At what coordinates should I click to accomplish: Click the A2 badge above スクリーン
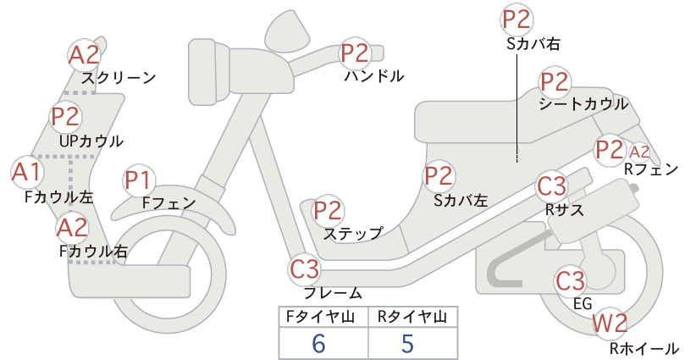pyautogui.click(x=85, y=55)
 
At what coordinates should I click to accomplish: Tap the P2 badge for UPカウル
pyautogui.click(x=66, y=116)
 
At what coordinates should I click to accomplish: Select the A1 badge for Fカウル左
pyautogui.click(x=26, y=172)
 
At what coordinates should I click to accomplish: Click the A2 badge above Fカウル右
pyautogui.click(x=73, y=228)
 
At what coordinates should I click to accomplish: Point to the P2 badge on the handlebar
pyautogui.click(x=356, y=53)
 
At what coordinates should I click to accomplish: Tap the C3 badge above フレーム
pyautogui.click(x=305, y=269)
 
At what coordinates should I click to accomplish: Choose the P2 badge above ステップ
pyautogui.click(x=328, y=211)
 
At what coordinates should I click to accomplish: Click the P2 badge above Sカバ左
pyautogui.click(x=439, y=176)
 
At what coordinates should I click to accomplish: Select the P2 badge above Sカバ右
pyautogui.click(x=517, y=19)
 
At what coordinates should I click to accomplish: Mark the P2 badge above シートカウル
pyautogui.click(x=555, y=81)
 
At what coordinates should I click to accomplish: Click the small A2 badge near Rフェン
pyautogui.click(x=639, y=152)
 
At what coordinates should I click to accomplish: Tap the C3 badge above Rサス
pyautogui.click(x=552, y=186)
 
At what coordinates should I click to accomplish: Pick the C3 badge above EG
pyautogui.click(x=571, y=280)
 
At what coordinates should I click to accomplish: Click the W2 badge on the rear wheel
pyautogui.click(x=610, y=324)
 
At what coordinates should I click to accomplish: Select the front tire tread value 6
pyautogui.click(x=318, y=344)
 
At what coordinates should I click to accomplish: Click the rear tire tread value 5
pyautogui.click(x=407, y=344)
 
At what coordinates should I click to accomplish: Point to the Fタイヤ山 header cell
pyautogui.click(x=323, y=317)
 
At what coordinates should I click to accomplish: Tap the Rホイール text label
pyautogui.click(x=644, y=348)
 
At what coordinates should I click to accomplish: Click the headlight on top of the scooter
pyautogui.click(x=288, y=28)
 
